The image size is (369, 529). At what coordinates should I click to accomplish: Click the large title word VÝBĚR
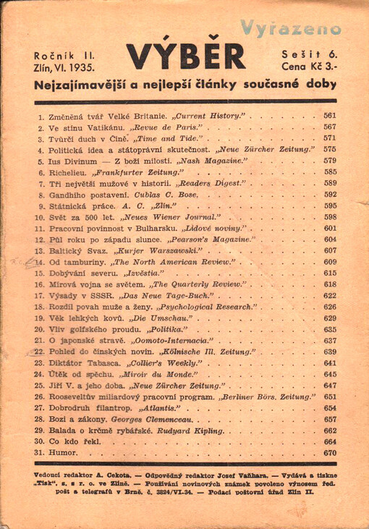coord(185,57)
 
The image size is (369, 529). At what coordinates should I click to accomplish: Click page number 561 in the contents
coord(330,116)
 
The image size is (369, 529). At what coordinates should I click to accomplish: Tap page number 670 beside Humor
coord(330,453)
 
